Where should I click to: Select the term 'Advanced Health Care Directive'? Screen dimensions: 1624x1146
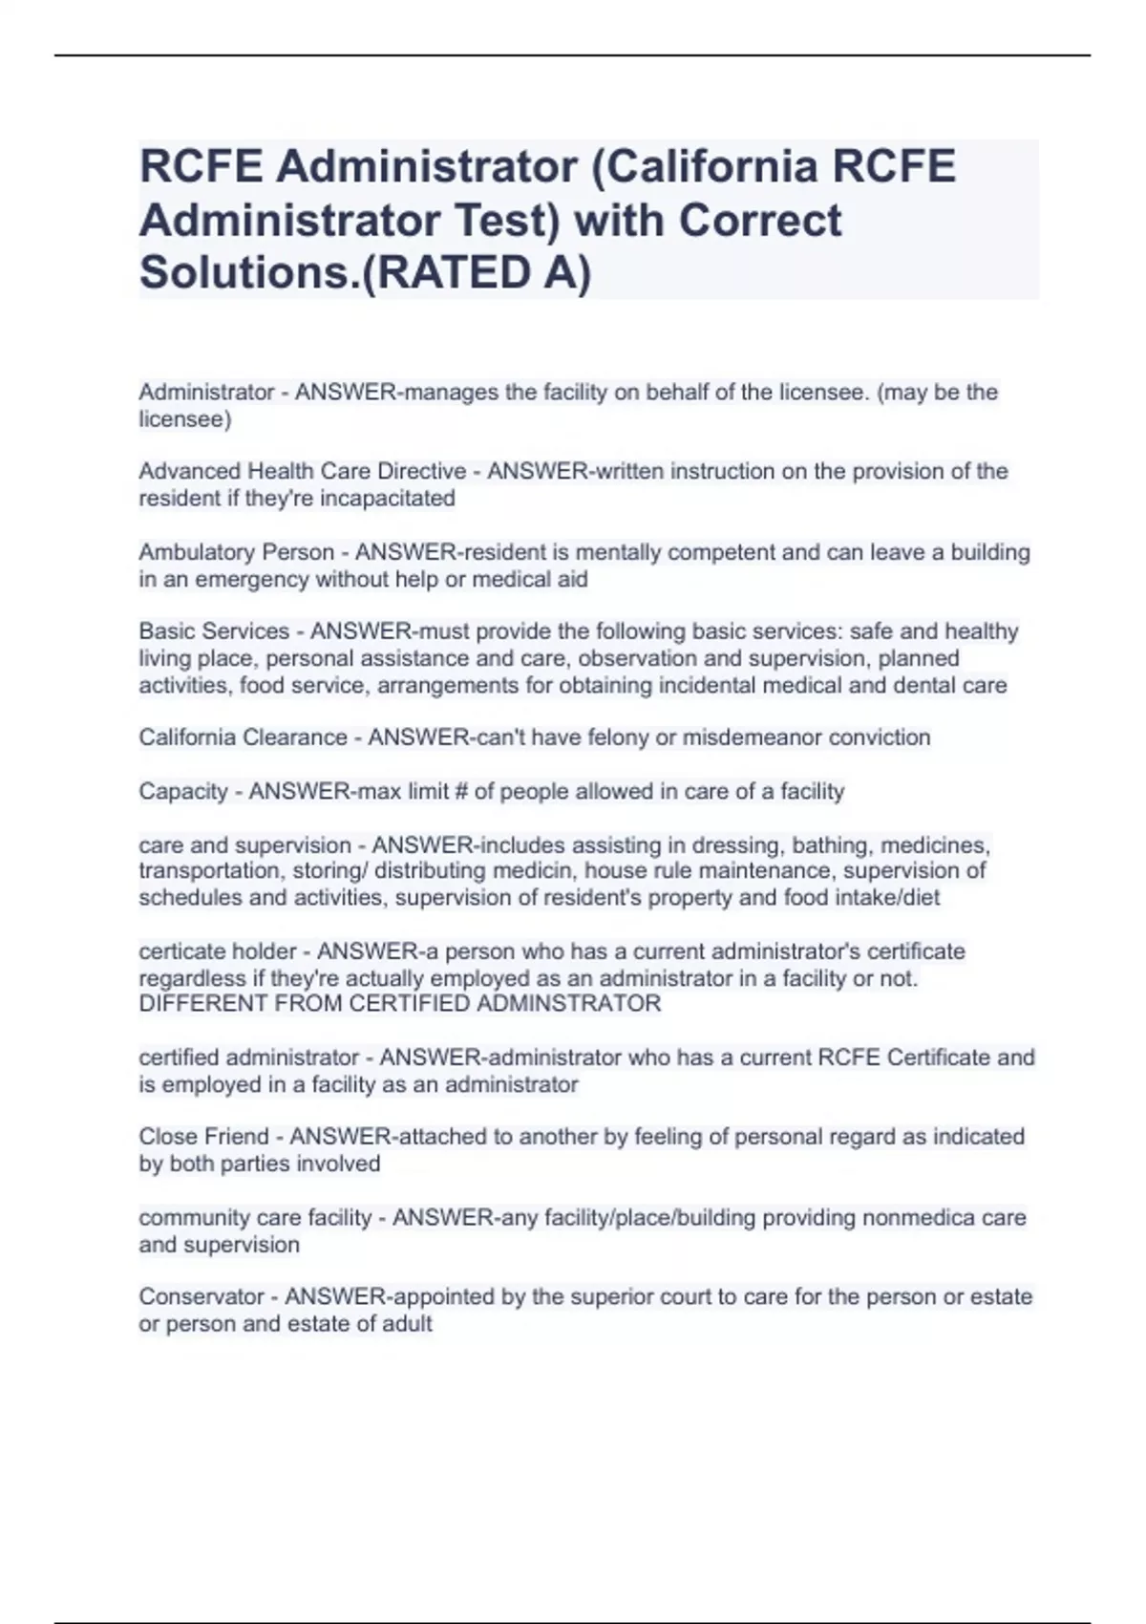pos(302,471)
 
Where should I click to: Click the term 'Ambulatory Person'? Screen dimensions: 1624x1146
pos(236,552)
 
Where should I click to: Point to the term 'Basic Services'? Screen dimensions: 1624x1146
pos(214,631)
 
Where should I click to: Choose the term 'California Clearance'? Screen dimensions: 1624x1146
pos(243,737)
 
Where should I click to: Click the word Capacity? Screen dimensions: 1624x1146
pos(183,791)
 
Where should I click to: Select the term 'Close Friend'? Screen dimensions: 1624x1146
pos(203,1137)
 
